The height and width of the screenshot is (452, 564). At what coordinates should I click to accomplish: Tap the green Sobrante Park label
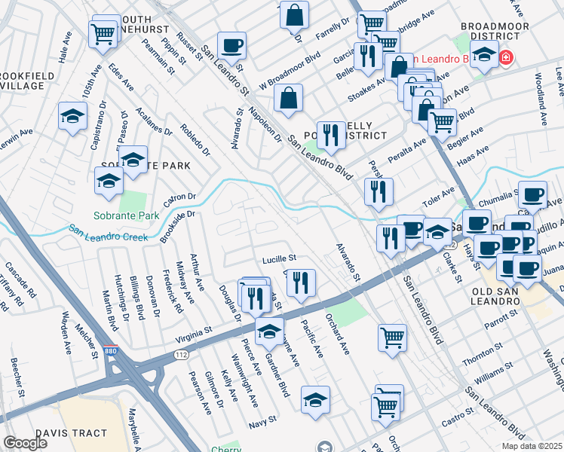tap(126, 215)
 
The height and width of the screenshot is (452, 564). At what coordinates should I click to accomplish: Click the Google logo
tap(25, 442)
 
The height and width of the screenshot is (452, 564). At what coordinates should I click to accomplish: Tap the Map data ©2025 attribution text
tap(532, 446)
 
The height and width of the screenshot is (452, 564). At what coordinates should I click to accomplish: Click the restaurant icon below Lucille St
tap(300, 283)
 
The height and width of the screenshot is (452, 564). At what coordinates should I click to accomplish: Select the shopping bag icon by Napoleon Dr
tap(289, 98)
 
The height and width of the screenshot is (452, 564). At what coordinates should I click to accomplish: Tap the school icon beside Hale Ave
tap(72, 117)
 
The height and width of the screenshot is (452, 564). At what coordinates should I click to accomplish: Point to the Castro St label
tap(458, 419)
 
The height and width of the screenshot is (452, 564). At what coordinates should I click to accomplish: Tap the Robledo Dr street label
tap(194, 139)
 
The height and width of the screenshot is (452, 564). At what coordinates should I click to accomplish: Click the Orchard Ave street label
tap(336, 337)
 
